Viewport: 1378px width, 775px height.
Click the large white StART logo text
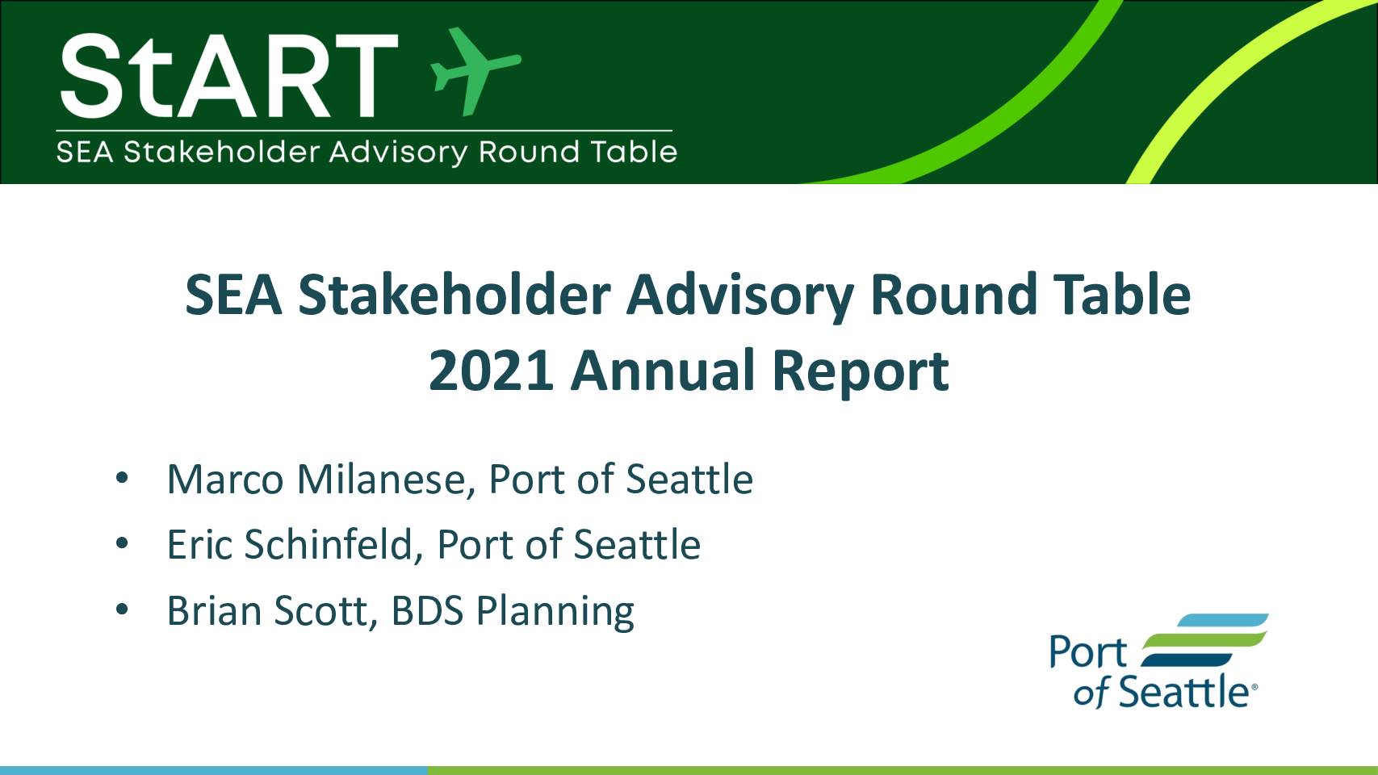coord(228,75)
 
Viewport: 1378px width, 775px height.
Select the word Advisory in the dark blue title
coord(740,296)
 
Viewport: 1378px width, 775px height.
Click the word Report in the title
coord(860,374)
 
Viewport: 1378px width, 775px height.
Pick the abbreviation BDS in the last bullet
coord(427,611)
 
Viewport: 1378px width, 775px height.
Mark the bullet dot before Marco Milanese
coord(122,478)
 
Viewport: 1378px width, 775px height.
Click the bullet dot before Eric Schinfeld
coord(122,543)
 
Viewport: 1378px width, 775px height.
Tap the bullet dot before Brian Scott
coord(122,610)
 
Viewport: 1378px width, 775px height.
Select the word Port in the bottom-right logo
coord(1087,652)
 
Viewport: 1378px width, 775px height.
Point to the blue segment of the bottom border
coord(213,771)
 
